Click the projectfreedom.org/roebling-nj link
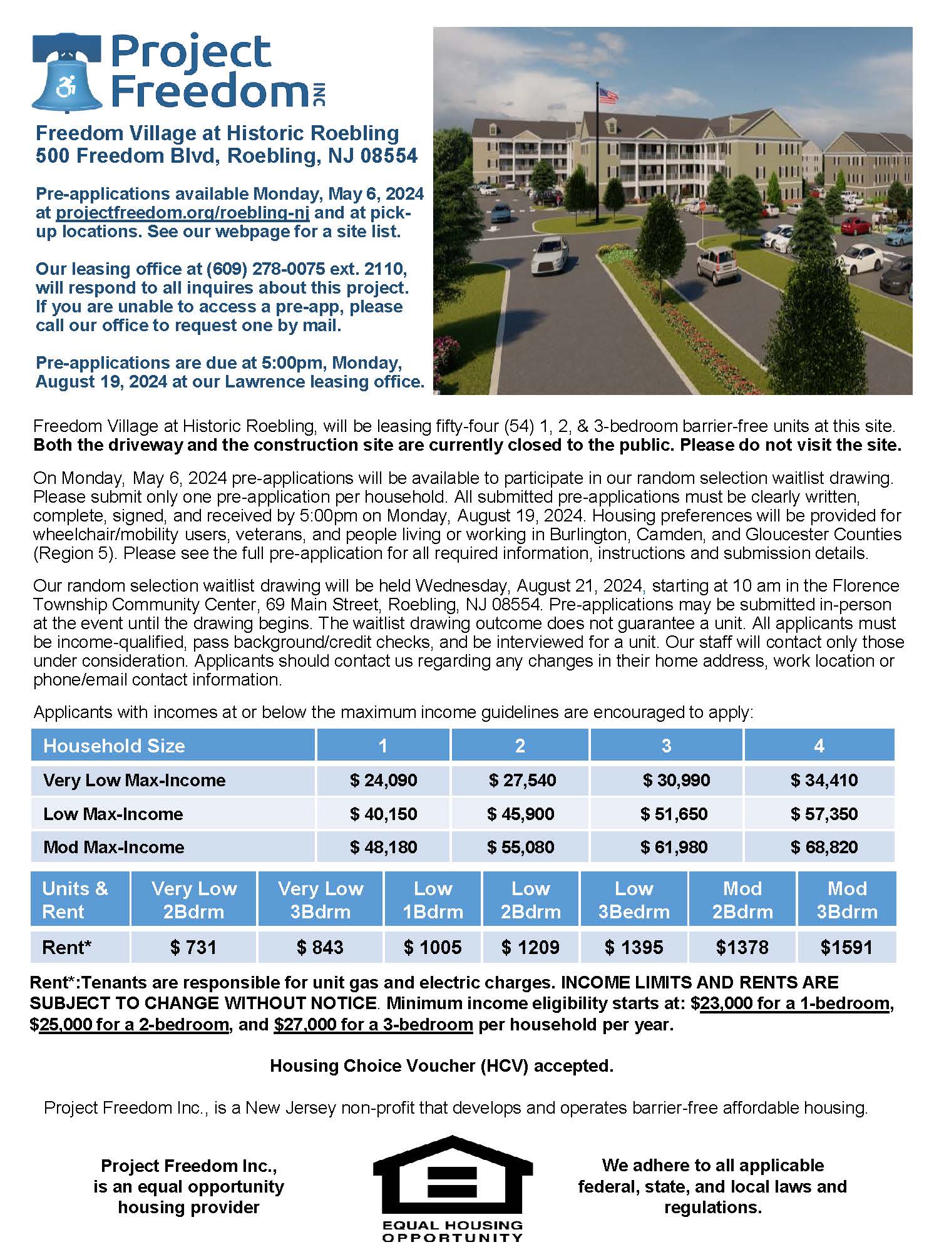tap(182, 213)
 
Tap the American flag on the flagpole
tap(608, 95)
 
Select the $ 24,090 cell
tap(383, 781)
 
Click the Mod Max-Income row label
tap(114, 848)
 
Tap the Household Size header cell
tap(114, 746)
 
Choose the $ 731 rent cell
tap(193, 947)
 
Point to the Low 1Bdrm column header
tap(433, 900)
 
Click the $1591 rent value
tap(846, 947)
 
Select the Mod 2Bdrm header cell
tap(742, 900)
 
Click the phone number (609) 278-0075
tap(265, 269)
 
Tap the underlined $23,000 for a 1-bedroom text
tap(795, 1003)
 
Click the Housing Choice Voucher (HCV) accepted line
tap(441, 1065)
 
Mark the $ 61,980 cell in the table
tap(674, 848)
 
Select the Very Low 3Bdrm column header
tap(320, 900)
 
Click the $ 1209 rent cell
tap(530, 947)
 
